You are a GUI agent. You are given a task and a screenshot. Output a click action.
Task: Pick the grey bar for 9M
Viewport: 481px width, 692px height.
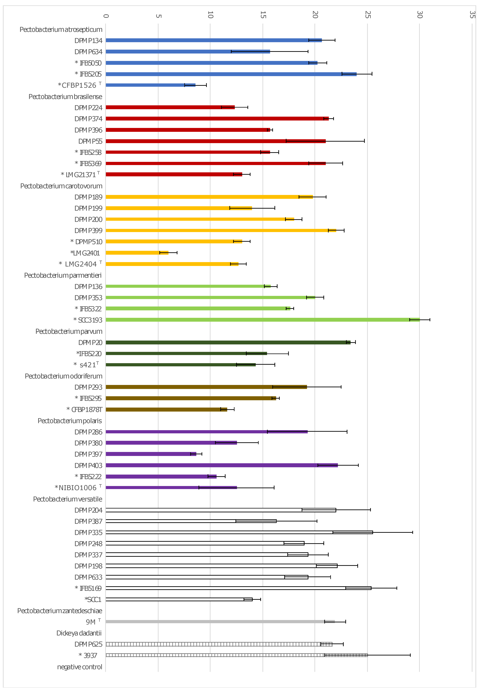[220, 621]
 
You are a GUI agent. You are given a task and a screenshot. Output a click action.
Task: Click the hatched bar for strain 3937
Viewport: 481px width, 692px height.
[237, 655]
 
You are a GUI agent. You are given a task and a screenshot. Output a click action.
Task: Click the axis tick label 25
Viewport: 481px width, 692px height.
[367, 14]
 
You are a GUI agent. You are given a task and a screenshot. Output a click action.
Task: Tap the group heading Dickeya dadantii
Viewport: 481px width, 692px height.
[79, 633]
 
